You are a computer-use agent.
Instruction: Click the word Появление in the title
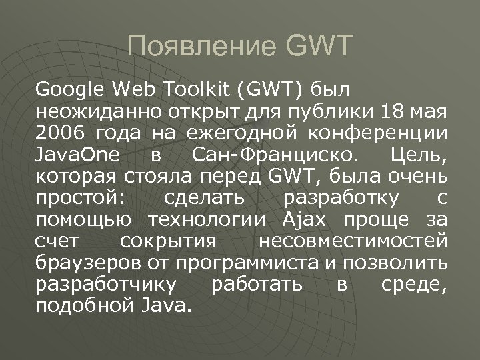tap(201, 47)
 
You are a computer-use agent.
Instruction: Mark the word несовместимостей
tap(353, 241)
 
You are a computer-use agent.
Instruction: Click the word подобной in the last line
tap(80, 307)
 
